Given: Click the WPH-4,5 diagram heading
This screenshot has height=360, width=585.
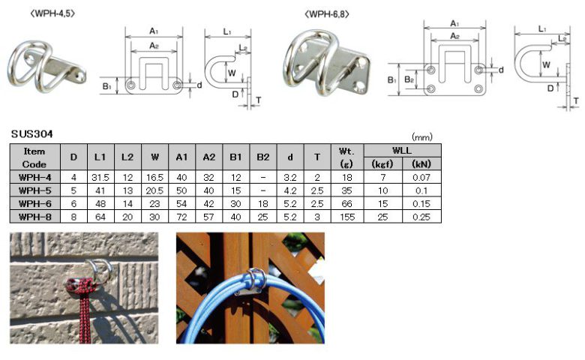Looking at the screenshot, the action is pos(52,13).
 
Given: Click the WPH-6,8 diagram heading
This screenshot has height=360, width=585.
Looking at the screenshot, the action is pos(327,14).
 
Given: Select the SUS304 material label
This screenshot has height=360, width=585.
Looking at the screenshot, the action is pos(32,134).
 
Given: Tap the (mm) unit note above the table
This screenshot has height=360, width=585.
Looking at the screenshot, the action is pos(422,137).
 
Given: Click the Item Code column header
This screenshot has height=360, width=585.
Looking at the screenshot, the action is pos(34,157).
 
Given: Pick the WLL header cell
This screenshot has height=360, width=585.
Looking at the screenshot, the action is pos(402,150).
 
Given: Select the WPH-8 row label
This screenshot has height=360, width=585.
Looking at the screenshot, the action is pos(35,217).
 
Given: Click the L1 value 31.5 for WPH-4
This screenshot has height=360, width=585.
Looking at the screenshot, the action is pos(100,177).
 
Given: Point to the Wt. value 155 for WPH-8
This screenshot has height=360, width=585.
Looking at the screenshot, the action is pos(347,217).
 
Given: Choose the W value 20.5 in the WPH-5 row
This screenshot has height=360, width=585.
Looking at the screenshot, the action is pos(154,190).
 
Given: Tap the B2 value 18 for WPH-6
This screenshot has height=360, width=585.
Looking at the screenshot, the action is pos(263,204).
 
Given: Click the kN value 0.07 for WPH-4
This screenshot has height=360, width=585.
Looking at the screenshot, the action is pos(421,177).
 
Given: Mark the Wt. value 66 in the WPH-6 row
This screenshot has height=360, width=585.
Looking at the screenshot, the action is pos(347,204).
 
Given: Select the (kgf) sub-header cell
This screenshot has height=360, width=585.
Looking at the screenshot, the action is pos(382,163).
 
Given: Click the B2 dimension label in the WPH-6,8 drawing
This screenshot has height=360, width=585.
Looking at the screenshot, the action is pos(409,79).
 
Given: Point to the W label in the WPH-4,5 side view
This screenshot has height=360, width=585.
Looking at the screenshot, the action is pos(232,73).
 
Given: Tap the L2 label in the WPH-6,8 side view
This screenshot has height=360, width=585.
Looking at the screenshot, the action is pos(562,38).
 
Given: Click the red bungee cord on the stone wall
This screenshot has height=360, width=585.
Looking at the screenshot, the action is pos(85,305).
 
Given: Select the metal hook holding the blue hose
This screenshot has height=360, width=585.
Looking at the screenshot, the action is pos(253,283).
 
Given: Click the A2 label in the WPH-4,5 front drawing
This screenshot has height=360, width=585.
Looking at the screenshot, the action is pos(154,46).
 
